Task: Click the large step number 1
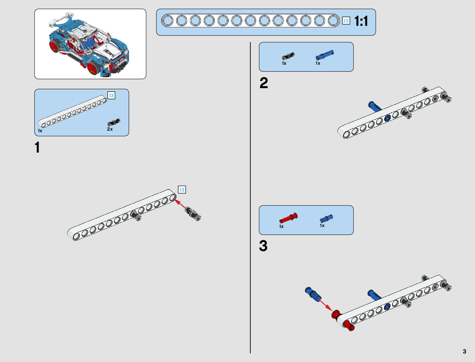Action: pyautogui.click(x=37, y=147)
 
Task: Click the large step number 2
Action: pyautogui.click(x=263, y=83)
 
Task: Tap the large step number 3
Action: pyautogui.click(x=263, y=246)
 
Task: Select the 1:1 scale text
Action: pyautogui.click(x=361, y=21)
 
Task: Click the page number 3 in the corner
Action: pyautogui.click(x=464, y=351)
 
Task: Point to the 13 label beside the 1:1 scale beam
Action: pyautogui.click(x=346, y=21)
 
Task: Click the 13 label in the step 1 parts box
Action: pyautogui.click(x=111, y=95)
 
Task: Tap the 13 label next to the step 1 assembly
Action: pyautogui.click(x=182, y=190)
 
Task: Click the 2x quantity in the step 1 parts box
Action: pyautogui.click(x=110, y=129)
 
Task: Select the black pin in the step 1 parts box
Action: pyautogui.click(x=114, y=122)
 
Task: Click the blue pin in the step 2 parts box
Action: pyautogui.click(x=324, y=55)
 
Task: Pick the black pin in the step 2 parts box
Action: pyautogui.click(x=288, y=56)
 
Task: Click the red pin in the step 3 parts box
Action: pyautogui.click(x=288, y=218)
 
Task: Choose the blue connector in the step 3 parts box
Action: pyautogui.click(x=326, y=218)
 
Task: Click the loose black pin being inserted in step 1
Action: pyautogui.click(x=193, y=214)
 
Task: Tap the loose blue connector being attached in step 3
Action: pyautogui.click(x=313, y=294)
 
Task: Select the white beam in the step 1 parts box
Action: pyautogui.click(x=72, y=111)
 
